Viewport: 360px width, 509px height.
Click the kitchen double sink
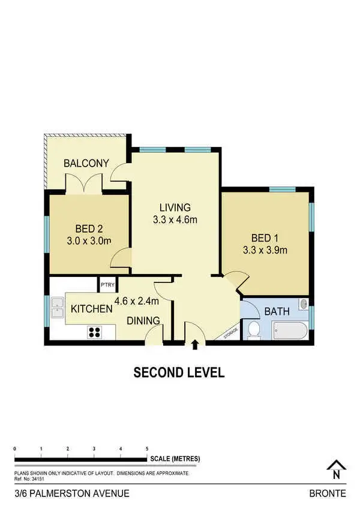pyautogui.click(x=58, y=308)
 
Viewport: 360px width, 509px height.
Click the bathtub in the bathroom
pyautogui.click(x=289, y=330)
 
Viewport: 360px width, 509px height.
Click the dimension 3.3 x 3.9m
pyautogui.click(x=265, y=250)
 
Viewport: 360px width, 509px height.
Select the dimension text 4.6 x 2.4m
pyautogui.click(x=136, y=300)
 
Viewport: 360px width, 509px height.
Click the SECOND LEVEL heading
pyautogui.click(x=179, y=373)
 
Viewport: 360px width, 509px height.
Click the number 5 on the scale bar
pyautogui.click(x=147, y=448)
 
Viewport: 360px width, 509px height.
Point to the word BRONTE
pyautogui.click(x=327, y=494)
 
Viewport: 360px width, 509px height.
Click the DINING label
pyautogui.click(x=143, y=321)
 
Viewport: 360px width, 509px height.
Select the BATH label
pyautogui.click(x=277, y=312)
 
